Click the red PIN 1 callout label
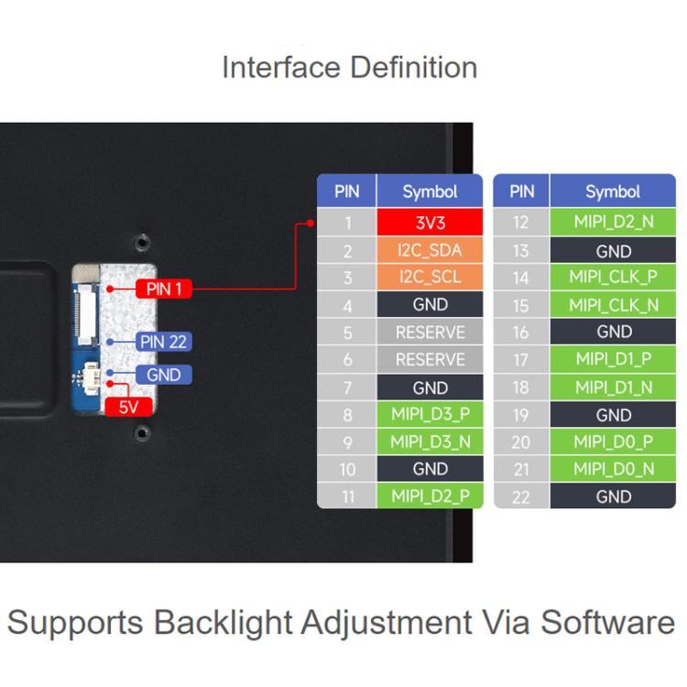pos(163,289)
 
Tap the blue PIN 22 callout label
pos(163,342)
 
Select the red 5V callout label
pos(128,407)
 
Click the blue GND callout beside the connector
pos(163,375)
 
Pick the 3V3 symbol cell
pos(430,223)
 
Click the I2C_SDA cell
pos(430,250)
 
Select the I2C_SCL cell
pos(430,277)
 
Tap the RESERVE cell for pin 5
pos(430,333)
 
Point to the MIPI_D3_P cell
pos(430,414)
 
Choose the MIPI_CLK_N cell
pos(613,304)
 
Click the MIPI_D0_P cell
pos(613,442)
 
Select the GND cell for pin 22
pos(613,496)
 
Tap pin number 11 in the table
pos(347,496)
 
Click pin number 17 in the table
pos(521,360)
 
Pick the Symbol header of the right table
pos(613,191)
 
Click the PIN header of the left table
pos(346,191)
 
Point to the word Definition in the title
pos(414,68)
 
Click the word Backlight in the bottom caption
pos(223,623)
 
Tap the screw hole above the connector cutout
pos(141,242)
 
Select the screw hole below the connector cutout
pos(141,434)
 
